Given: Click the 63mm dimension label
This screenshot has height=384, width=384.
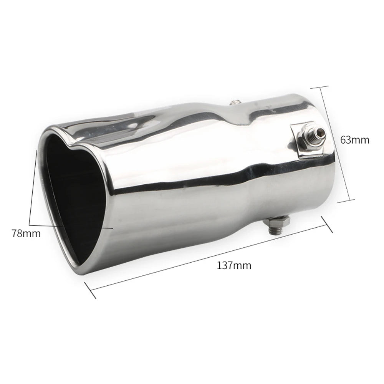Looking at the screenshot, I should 354,140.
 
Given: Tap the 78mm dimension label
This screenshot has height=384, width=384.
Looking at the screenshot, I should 26,233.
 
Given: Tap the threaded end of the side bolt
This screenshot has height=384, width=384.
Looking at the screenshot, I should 319,133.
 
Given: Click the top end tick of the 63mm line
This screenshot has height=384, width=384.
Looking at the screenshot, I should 319,87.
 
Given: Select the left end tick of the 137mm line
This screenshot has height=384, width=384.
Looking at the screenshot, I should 90,290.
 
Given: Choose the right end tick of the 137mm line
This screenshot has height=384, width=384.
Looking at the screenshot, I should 327,224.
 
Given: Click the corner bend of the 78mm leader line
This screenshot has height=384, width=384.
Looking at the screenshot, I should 30,225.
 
